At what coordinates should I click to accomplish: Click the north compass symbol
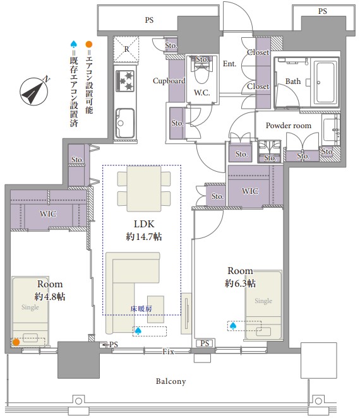pos(34,91)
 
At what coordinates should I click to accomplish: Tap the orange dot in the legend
pos(89,44)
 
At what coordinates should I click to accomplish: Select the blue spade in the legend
pos(74,44)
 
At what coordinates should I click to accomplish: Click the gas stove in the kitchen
pos(125,80)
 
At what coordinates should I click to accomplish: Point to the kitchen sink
pos(124,123)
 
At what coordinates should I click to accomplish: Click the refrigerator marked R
pos(126,49)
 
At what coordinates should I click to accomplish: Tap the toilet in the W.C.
pos(201,73)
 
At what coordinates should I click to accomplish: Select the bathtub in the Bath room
pos(325,82)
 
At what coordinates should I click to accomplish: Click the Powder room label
pos(289,126)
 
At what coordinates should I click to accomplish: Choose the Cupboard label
pos(169,81)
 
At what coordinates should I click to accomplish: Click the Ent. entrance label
pos(230,64)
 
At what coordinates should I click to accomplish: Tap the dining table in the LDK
pos(144,188)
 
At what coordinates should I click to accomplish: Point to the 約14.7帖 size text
pos(144,236)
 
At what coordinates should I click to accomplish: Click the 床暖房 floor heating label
pos(141,309)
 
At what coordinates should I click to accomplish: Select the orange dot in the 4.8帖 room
pos(16,342)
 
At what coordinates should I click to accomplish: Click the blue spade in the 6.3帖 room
pos(233,326)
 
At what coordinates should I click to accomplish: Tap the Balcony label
pos(171,381)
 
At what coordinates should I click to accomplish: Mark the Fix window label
pos(169,352)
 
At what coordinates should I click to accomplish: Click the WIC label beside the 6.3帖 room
pos(250,191)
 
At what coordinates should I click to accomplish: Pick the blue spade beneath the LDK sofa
pos(138,331)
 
